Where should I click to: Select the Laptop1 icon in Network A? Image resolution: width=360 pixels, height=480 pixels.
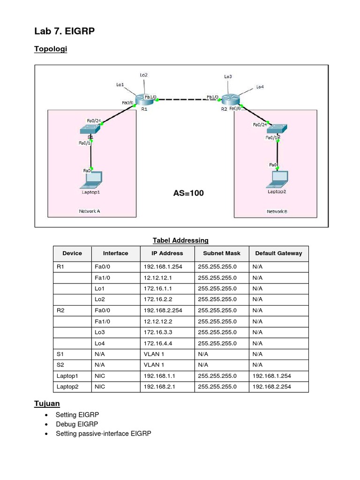[x=92, y=180]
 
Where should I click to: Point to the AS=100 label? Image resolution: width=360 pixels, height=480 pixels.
[x=188, y=193]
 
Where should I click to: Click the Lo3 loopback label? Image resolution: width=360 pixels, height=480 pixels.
[x=228, y=76]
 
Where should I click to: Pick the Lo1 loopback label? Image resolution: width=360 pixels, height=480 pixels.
[x=120, y=85]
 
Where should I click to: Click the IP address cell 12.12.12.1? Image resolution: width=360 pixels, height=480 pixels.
[x=158, y=277]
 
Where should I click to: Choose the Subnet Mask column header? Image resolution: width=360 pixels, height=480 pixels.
[x=221, y=253]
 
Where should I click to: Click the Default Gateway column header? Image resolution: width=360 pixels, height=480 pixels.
[x=278, y=253]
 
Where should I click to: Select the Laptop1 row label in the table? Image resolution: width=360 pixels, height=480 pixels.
[x=67, y=376]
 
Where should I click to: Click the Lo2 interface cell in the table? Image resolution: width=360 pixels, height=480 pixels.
[x=98, y=299]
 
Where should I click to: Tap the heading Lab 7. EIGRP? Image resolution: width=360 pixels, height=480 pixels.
[x=64, y=32]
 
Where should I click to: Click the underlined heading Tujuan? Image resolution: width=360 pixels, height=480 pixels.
[x=47, y=404]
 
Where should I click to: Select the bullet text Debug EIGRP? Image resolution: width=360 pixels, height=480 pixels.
[x=77, y=424]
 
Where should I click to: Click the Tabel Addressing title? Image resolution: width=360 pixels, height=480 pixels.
[x=180, y=240]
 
